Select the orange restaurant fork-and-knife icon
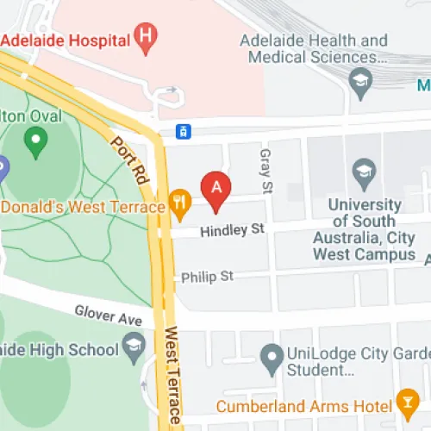pos(179,203)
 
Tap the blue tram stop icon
pos(183,131)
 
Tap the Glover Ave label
pos(108,315)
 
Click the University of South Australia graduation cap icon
pos(364,172)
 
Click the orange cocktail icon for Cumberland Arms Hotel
pos(406,402)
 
